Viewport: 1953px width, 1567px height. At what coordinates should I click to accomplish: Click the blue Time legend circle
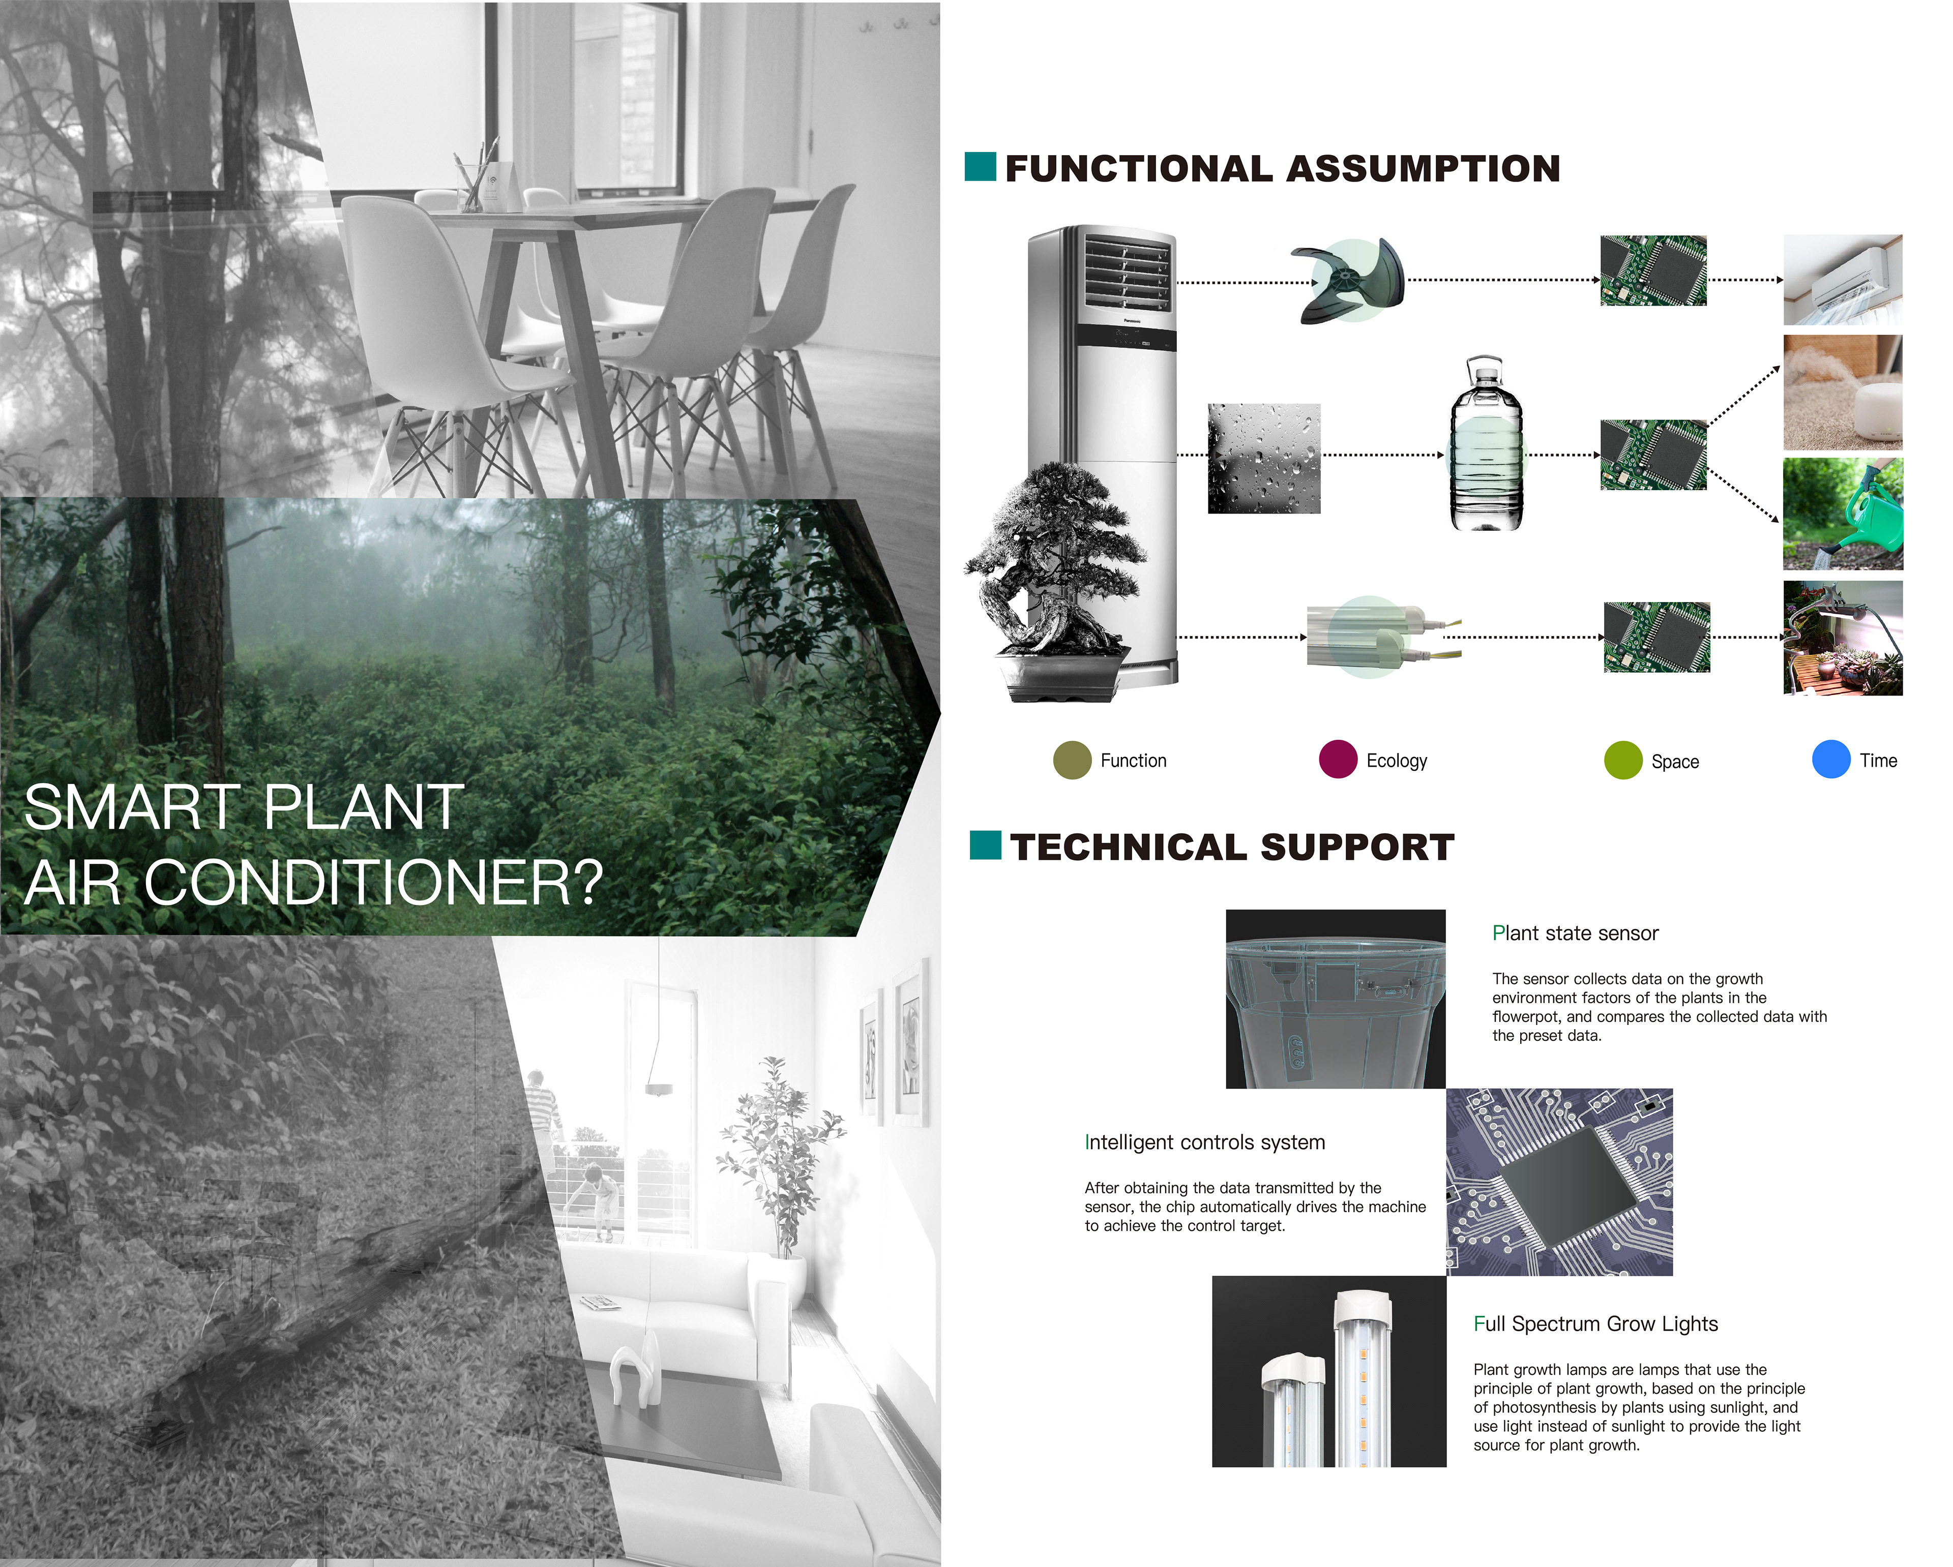click(x=1831, y=759)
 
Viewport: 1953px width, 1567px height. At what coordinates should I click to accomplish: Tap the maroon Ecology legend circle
click(x=1338, y=759)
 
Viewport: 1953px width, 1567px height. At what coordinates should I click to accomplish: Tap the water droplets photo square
click(x=1264, y=458)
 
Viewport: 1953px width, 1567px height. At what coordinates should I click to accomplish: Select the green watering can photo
click(x=1843, y=514)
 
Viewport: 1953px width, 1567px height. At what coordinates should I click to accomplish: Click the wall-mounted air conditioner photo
click(x=1843, y=280)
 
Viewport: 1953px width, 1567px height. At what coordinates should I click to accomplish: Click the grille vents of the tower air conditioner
click(x=1127, y=273)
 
